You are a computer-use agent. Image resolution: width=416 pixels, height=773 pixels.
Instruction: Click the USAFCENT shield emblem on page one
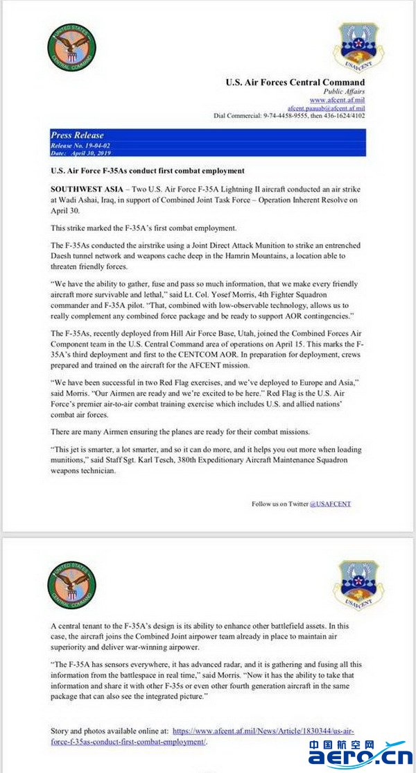(357, 46)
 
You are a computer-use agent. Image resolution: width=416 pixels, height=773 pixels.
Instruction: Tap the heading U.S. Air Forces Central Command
(295, 82)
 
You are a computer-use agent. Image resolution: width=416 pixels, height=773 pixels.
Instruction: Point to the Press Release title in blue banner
(77, 135)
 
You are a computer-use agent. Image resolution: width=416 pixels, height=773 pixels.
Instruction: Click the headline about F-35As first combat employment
(148, 171)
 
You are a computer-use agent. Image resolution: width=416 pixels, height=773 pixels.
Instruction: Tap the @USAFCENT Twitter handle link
(330, 503)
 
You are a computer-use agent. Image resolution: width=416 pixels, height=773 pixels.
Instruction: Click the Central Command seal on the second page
(71, 584)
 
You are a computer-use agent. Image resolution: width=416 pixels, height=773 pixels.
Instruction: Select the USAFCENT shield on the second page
(357, 584)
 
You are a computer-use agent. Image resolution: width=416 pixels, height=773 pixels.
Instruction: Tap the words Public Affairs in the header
(344, 92)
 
